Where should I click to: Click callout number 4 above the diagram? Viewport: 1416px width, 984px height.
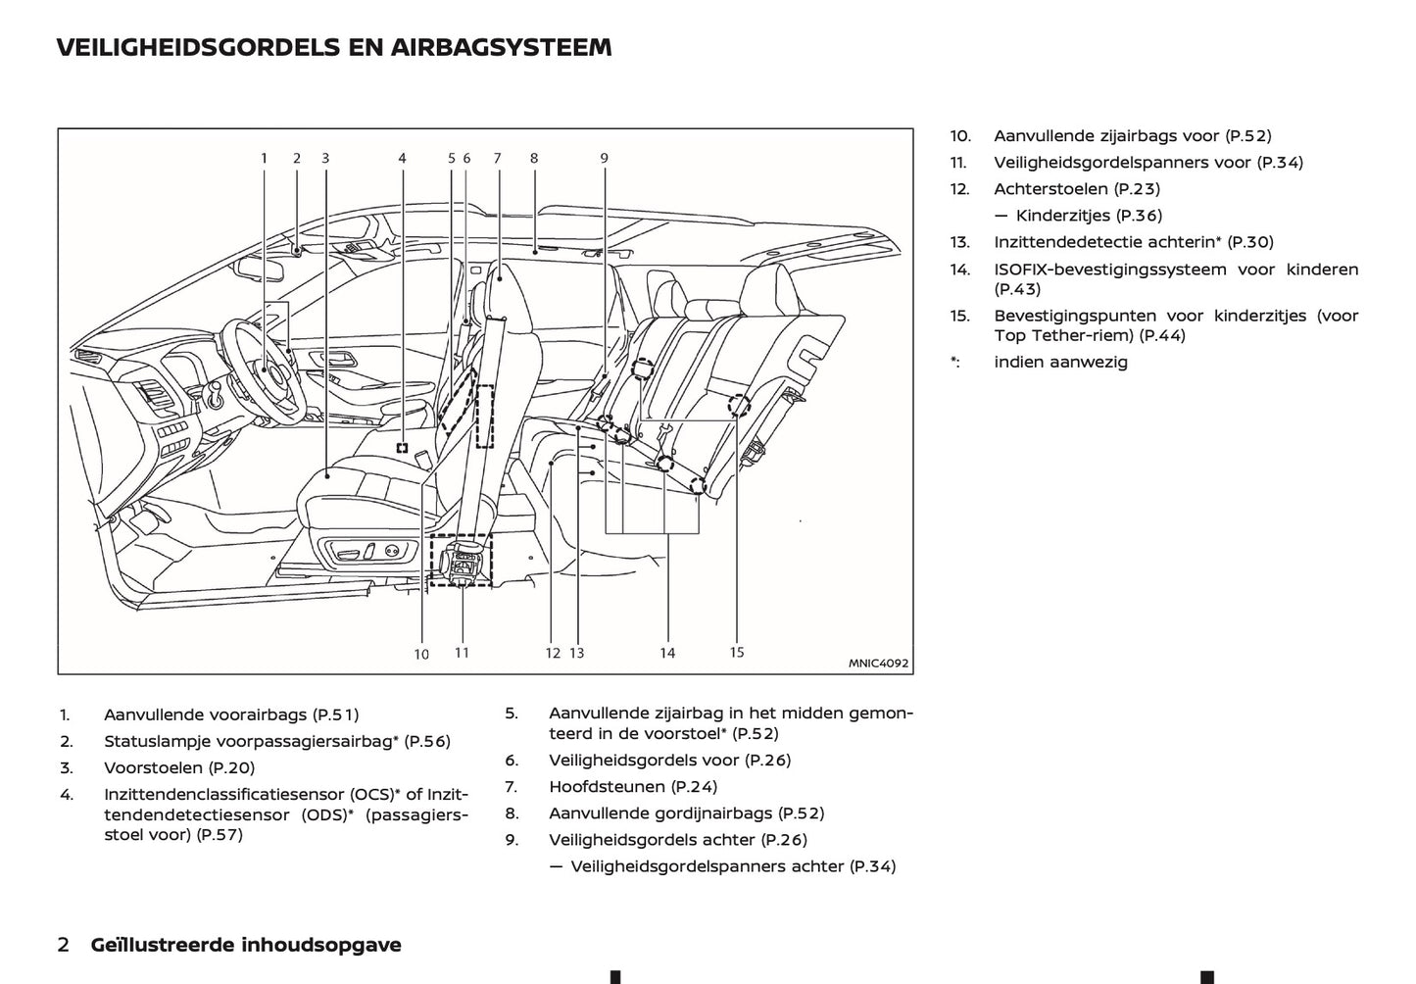(402, 158)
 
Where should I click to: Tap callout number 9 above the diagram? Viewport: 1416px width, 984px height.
(605, 158)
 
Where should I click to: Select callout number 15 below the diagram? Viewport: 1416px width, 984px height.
(737, 652)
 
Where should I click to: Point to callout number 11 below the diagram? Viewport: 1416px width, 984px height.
(462, 652)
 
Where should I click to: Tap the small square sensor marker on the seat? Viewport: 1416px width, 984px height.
(402, 447)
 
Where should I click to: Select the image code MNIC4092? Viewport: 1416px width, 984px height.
(878, 664)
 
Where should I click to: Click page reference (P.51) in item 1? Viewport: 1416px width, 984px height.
(335, 715)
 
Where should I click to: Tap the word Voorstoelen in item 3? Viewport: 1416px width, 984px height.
(153, 768)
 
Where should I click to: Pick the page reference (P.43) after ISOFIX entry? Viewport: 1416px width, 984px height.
(1017, 289)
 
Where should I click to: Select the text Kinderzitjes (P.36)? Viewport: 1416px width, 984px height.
(1089, 216)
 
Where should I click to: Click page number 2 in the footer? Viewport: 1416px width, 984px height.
(64, 945)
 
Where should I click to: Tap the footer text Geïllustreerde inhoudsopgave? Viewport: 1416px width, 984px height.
(246, 945)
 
